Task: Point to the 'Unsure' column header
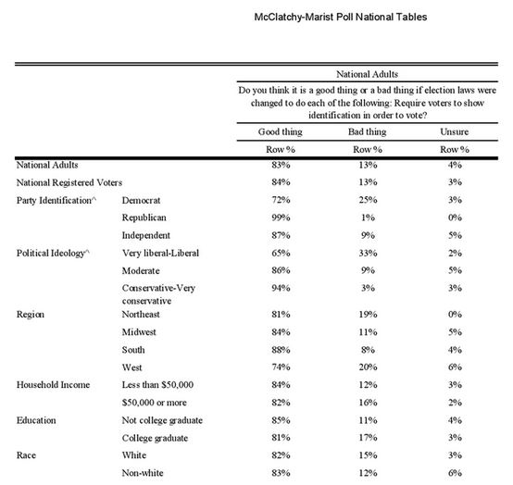(454, 131)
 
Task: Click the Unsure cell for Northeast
(454, 313)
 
